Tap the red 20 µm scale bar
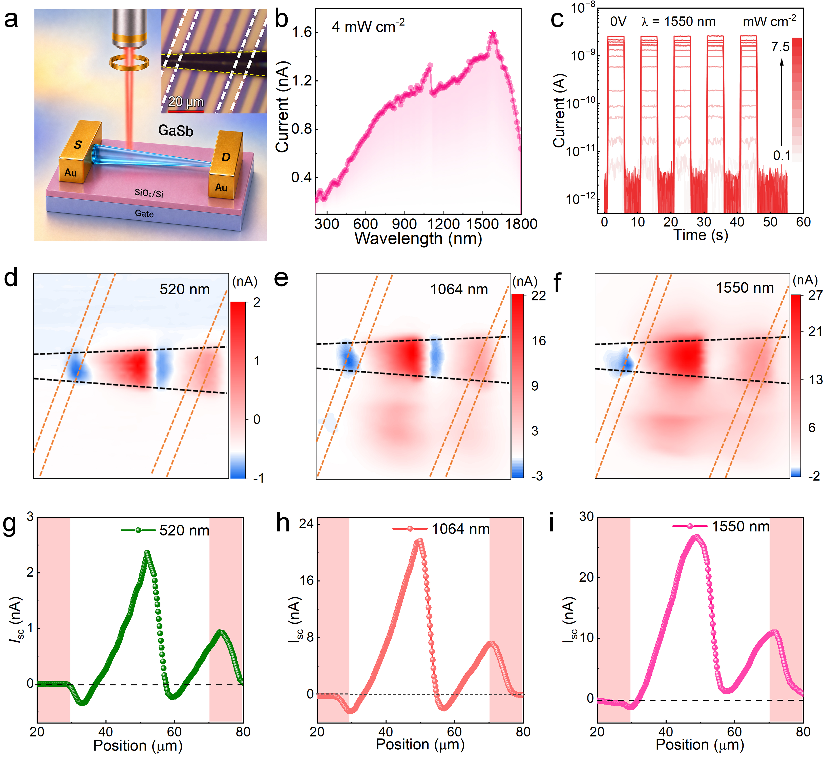pyautogui.click(x=186, y=111)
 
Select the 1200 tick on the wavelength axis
pyautogui.click(x=443, y=224)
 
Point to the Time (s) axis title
pyautogui.click(x=701, y=235)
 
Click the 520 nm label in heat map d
pyautogui.click(x=185, y=290)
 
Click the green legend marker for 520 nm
pyautogui.click(x=138, y=530)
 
